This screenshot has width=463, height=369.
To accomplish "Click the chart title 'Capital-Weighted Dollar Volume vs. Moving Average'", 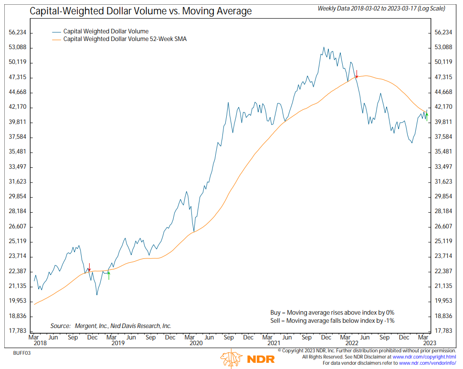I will click(141, 10).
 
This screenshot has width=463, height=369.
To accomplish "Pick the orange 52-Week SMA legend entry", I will click(125, 39).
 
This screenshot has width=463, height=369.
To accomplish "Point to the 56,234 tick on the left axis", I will click(17, 32).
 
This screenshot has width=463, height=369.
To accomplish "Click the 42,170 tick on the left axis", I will click(17, 107).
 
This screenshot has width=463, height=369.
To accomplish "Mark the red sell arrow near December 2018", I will click(89, 267).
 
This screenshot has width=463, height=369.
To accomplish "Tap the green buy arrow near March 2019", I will click(109, 275).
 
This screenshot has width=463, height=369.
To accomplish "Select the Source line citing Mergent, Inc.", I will click(111, 326).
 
